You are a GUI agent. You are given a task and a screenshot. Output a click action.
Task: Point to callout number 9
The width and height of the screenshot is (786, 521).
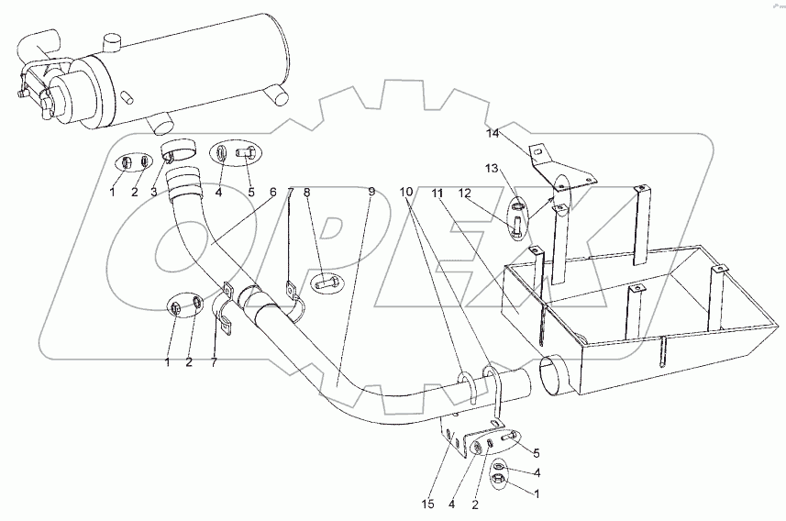[371, 192]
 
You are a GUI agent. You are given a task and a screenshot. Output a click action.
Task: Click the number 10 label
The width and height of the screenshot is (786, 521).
[406, 192]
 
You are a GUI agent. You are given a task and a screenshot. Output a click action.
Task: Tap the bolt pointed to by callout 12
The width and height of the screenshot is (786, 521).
[518, 224]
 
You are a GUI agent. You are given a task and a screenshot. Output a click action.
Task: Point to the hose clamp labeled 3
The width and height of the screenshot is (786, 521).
[179, 149]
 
